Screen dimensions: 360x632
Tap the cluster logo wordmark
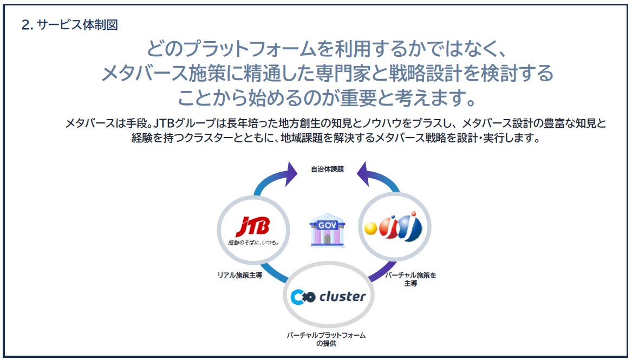(x=342, y=297)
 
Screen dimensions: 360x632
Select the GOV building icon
(x=327, y=231)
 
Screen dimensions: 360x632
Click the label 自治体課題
(x=327, y=169)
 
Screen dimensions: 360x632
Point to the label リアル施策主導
(x=240, y=274)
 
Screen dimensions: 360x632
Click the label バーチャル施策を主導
(x=411, y=279)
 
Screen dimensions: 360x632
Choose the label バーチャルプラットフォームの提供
(x=326, y=339)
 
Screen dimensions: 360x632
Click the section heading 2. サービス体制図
(x=70, y=25)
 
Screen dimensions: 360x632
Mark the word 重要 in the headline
(x=359, y=98)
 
